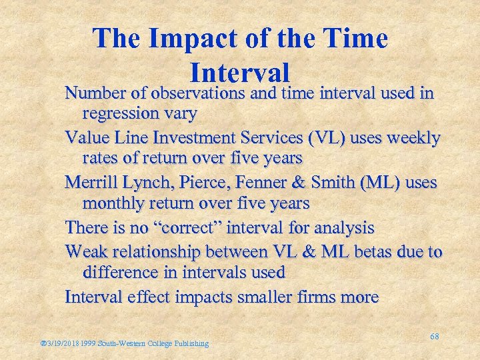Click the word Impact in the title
pyautogui.click(x=185, y=39)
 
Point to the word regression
pyautogui.click(x=120, y=113)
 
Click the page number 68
pyautogui.click(x=434, y=337)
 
